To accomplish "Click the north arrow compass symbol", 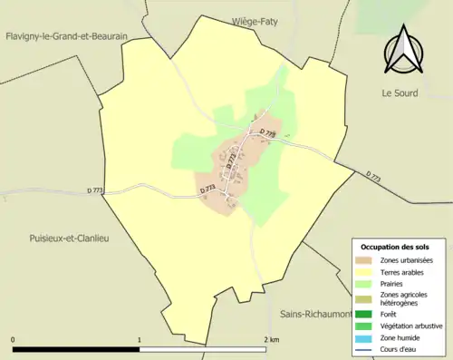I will click(405, 53).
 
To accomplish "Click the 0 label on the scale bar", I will click(14, 339).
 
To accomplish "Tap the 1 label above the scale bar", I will click(140, 339).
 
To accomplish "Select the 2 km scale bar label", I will click(270, 339).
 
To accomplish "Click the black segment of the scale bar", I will click(77, 349).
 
